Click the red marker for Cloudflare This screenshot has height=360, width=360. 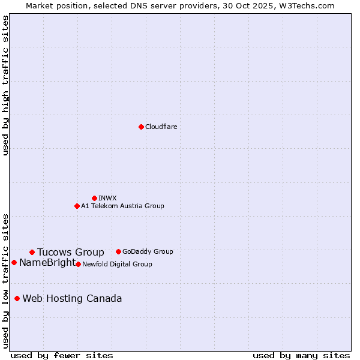(141, 127)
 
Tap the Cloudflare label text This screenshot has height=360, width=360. (161, 127)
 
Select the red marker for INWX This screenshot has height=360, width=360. (94, 198)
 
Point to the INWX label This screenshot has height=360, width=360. (107, 198)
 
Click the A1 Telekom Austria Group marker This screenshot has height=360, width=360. (77, 206)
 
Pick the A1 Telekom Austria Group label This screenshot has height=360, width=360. (122, 206)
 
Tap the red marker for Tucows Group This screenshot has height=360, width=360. (32, 252)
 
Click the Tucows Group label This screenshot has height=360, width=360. (70, 253)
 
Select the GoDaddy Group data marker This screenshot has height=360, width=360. (118, 251)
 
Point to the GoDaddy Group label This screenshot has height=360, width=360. (148, 251)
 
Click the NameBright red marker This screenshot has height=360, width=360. (14, 262)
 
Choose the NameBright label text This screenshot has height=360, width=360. (47, 263)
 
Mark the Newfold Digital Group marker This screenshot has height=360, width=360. (78, 264)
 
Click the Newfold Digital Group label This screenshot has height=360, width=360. (117, 264)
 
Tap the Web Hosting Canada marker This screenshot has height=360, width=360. (17, 298)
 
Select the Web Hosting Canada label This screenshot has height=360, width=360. (72, 299)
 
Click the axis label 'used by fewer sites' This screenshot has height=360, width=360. (62, 355)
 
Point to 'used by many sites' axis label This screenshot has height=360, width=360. (301, 355)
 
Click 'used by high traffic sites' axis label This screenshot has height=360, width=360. (5, 85)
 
